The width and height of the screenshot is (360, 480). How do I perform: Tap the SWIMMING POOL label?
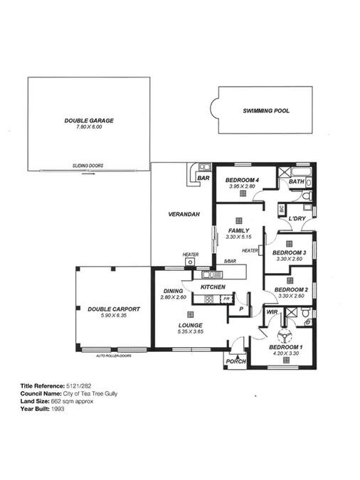[x=266, y=111]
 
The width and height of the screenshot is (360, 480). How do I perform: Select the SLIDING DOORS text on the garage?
[x=88, y=166]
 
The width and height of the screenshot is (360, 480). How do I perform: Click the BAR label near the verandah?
[x=203, y=178]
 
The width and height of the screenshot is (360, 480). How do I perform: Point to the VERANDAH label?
[x=182, y=214]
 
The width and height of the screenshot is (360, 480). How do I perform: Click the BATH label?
[x=296, y=182]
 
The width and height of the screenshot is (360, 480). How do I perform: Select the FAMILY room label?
[x=238, y=231]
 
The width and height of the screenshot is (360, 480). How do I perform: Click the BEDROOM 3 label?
[x=290, y=253]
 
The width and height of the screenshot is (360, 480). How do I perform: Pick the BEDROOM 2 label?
[x=290, y=290]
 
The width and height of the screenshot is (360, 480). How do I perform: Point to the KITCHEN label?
[x=213, y=287]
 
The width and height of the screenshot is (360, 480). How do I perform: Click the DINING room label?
[x=174, y=291]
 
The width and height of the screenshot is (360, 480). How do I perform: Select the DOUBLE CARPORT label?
[x=114, y=309]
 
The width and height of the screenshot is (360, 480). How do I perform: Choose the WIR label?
[x=271, y=312]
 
